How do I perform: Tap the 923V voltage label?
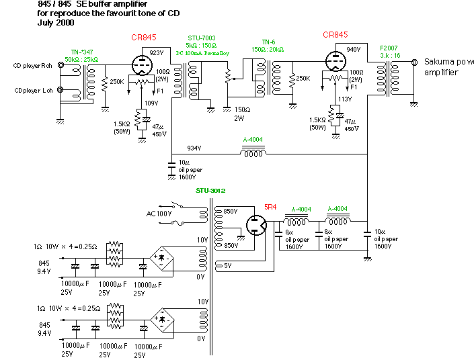point(156,52)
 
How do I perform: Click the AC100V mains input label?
point(160,214)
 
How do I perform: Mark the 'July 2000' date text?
point(56,23)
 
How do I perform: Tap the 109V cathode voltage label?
point(152,103)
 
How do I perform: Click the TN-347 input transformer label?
point(83,51)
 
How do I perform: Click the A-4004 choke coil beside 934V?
point(253,152)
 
